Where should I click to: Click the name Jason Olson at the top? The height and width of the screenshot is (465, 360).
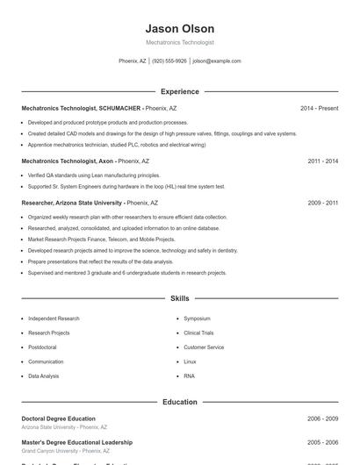click(179, 29)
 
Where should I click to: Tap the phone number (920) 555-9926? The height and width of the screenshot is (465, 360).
click(169, 61)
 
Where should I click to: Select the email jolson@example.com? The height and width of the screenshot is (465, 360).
click(216, 61)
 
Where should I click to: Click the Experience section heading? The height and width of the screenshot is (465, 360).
click(179, 91)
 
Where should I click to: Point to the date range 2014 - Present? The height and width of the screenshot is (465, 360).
click(319, 108)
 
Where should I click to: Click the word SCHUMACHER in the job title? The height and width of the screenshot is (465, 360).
click(119, 108)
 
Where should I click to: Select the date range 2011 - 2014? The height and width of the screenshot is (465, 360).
click(322, 161)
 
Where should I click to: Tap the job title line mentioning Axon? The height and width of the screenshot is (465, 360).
click(85, 161)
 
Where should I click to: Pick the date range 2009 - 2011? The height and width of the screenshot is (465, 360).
click(322, 203)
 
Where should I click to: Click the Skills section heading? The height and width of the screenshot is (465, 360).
click(179, 299)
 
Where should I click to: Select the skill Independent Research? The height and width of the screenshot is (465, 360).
click(54, 318)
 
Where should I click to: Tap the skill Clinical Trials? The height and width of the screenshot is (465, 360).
click(198, 333)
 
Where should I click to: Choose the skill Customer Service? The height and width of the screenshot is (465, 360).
click(204, 347)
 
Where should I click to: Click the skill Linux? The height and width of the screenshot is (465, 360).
click(190, 361)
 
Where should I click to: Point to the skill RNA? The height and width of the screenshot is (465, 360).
click(189, 376)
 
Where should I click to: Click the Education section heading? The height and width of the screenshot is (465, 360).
click(179, 402)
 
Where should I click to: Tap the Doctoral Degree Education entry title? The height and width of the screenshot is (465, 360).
click(58, 418)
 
